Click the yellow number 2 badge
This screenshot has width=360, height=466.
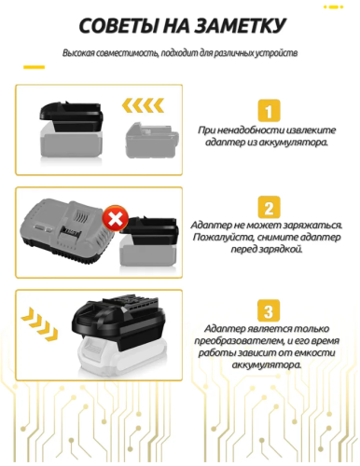click(x=268, y=208)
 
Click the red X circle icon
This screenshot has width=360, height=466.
click(x=115, y=220)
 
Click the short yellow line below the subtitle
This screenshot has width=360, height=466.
click(x=35, y=67)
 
